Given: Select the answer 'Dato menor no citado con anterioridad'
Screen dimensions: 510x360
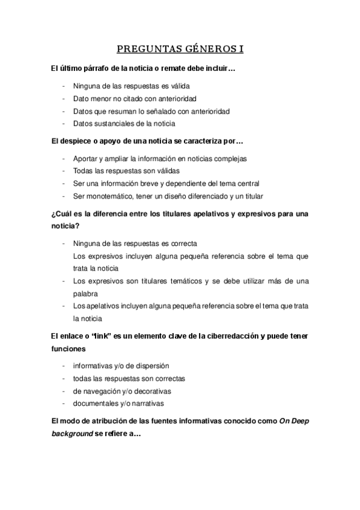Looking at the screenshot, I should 135,98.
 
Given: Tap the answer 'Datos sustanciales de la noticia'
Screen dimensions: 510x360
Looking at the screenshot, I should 124,123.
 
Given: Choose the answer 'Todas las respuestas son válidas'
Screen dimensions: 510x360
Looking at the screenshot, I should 126,170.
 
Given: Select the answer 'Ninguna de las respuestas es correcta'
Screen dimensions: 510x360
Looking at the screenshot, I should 135,243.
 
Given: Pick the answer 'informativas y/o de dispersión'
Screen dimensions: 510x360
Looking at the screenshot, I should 121,365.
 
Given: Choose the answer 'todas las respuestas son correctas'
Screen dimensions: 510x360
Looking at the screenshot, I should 129,378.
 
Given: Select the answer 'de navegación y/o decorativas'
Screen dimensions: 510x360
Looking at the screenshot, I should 122,391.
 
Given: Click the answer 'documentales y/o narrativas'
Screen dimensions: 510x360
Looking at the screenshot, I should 118,404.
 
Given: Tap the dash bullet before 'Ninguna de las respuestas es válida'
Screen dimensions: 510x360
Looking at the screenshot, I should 64,85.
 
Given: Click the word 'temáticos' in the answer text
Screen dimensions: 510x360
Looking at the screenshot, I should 180,281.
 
